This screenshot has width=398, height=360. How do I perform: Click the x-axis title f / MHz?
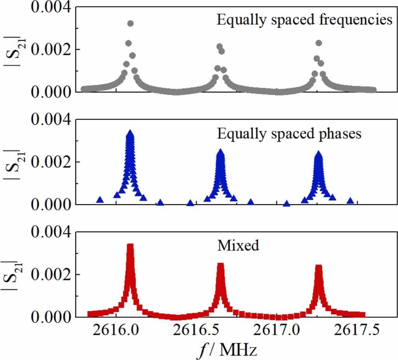(227, 350)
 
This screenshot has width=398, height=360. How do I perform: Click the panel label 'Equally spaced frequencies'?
(304, 20)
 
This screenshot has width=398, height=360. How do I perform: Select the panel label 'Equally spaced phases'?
(289, 133)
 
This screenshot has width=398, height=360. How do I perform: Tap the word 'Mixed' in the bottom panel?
(238, 246)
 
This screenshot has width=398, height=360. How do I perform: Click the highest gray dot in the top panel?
(130, 23)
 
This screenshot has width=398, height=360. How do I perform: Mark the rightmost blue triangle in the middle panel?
(351, 201)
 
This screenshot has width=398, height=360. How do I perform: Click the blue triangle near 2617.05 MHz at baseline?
(287, 204)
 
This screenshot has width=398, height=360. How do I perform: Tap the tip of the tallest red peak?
(130, 246)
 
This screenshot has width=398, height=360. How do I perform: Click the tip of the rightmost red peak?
(319, 267)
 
